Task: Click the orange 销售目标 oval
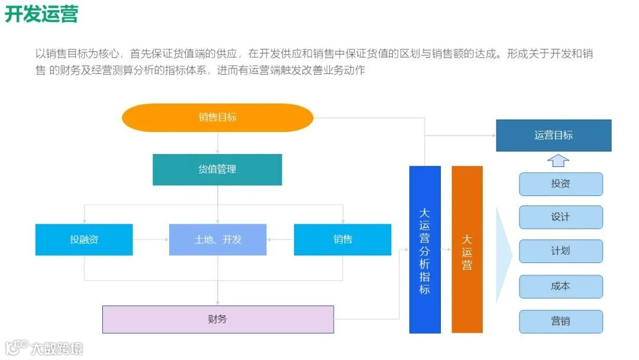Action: click(x=217, y=117)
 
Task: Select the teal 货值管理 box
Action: click(x=217, y=169)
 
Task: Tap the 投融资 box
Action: click(x=84, y=240)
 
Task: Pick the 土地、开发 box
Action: click(x=218, y=240)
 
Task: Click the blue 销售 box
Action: click(x=343, y=240)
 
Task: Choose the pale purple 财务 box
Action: click(x=218, y=319)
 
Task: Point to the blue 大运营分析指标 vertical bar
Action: click(x=425, y=249)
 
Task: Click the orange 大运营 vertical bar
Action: click(x=467, y=249)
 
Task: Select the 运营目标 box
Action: click(x=553, y=135)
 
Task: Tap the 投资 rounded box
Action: click(x=560, y=184)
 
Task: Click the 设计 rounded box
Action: click(x=560, y=217)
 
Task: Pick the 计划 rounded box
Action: click(x=560, y=251)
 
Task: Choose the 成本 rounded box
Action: click(x=560, y=287)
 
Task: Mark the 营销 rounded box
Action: click(x=560, y=322)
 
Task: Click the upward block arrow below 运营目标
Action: click(x=558, y=160)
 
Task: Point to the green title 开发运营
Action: click(x=41, y=14)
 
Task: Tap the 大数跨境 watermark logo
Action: click(x=44, y=348)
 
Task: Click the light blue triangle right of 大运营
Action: click(x=503, y=255)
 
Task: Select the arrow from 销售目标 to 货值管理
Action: click(x=217, y=143)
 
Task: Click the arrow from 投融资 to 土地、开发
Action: click(x=151, y=240)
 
